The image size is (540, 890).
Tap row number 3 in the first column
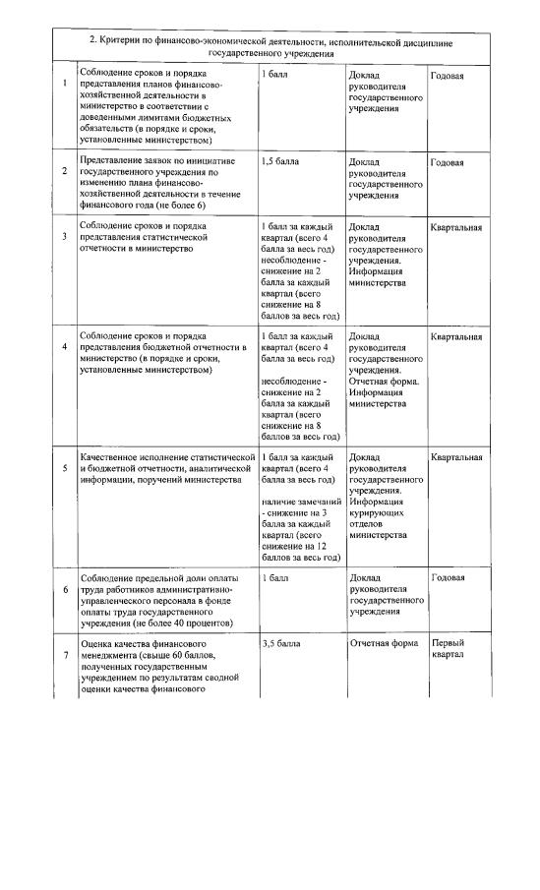click(65, 237)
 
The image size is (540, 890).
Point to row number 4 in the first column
click(65, 347)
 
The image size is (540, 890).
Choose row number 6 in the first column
click(65, 590)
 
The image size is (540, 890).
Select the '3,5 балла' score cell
click(281, 643)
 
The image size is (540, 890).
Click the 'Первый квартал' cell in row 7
click(448, 649)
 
